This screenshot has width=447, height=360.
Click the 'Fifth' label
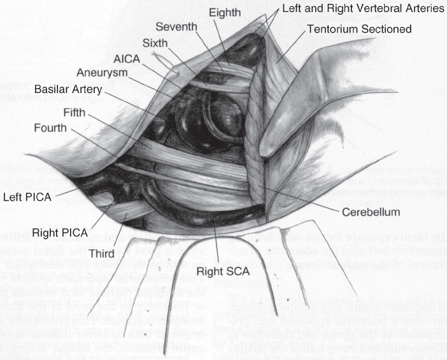pos(76,113)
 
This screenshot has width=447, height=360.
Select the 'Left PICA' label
pos(29,196)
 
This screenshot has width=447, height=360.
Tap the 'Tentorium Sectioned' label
pos(359,29)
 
